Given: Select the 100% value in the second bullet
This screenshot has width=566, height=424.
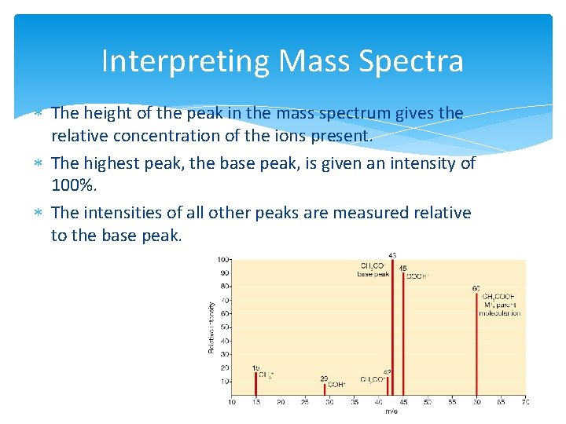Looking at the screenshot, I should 73,187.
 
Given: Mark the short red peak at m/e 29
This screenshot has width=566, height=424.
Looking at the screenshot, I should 324,389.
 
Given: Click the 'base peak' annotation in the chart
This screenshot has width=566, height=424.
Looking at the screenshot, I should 373,274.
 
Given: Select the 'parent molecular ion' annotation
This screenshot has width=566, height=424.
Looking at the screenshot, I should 499,309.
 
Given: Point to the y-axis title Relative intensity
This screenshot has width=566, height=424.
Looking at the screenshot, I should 211,326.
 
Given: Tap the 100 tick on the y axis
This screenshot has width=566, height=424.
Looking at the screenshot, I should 223,259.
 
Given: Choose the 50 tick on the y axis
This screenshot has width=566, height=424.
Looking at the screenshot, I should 225,327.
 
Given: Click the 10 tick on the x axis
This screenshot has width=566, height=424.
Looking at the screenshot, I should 232,402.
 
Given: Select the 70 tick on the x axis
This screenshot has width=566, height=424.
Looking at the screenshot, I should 525,402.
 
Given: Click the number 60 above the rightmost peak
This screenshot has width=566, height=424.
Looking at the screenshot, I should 476,288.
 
